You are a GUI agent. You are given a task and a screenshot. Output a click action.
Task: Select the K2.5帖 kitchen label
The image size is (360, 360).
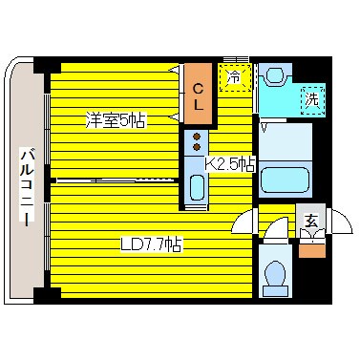tap(230, 163)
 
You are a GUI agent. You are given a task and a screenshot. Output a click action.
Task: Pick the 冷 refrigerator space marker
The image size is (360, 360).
tap(234, 77)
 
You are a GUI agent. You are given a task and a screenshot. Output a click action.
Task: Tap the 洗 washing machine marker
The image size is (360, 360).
tap(311, 95)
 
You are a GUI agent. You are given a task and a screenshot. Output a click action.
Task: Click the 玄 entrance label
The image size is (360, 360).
tap(311, 221)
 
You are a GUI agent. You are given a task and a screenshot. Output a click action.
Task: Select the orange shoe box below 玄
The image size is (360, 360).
tap(311, 250)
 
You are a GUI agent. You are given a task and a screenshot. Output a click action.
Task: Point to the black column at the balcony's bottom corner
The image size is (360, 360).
tap(39, 291)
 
